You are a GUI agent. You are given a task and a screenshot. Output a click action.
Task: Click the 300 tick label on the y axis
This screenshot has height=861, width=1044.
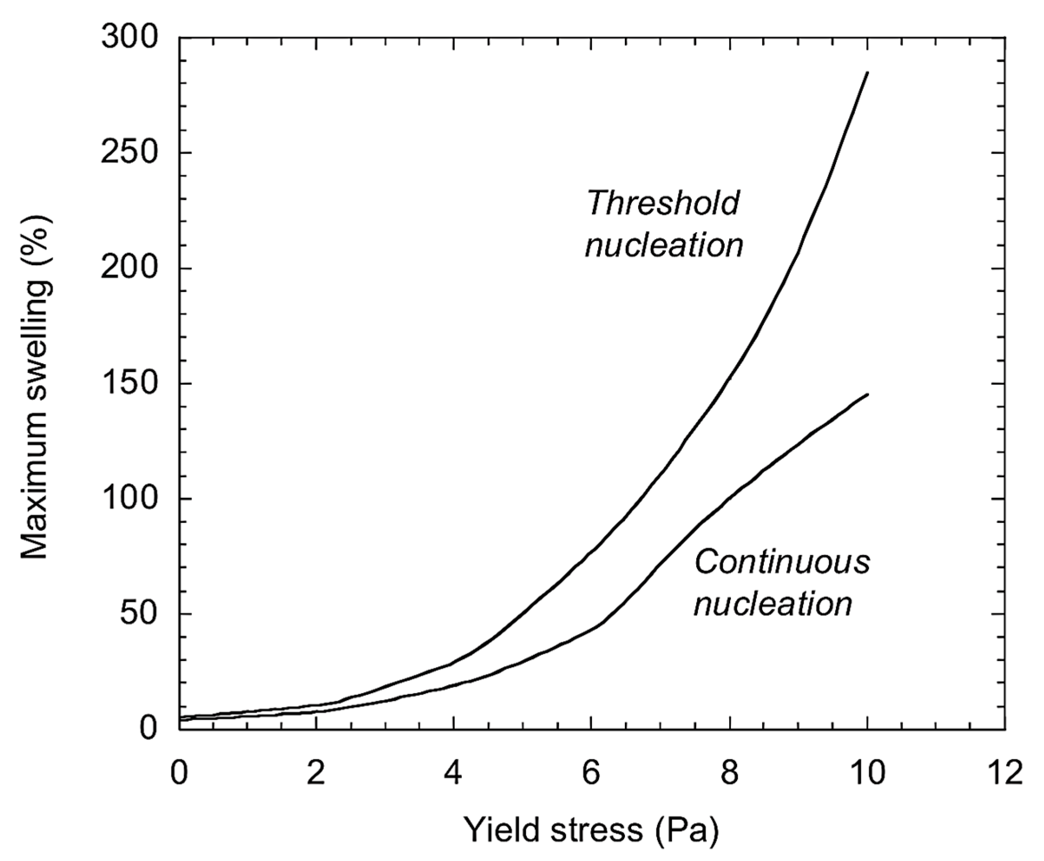click(130, 38)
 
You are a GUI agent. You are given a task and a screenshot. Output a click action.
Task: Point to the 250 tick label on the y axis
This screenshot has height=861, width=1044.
click(130, 153)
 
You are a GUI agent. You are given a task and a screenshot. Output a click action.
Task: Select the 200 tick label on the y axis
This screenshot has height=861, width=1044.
click(130, 269)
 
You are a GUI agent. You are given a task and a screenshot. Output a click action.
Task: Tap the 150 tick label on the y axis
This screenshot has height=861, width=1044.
click(130, 384)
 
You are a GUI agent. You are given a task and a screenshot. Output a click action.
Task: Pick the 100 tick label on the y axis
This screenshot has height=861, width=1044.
click(130, 499)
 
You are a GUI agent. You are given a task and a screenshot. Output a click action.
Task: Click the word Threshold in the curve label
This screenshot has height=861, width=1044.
click(663, 203)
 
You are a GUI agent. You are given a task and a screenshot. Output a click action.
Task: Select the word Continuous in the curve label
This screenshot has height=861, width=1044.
click(782, 562)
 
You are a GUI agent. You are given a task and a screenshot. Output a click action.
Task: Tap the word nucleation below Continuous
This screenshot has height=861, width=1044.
click(773, 604)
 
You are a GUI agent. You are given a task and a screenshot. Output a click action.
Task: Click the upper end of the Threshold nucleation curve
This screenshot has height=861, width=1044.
click(867, 73)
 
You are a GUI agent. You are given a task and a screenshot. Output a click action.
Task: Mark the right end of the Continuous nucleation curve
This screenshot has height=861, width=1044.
click(867, 395)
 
